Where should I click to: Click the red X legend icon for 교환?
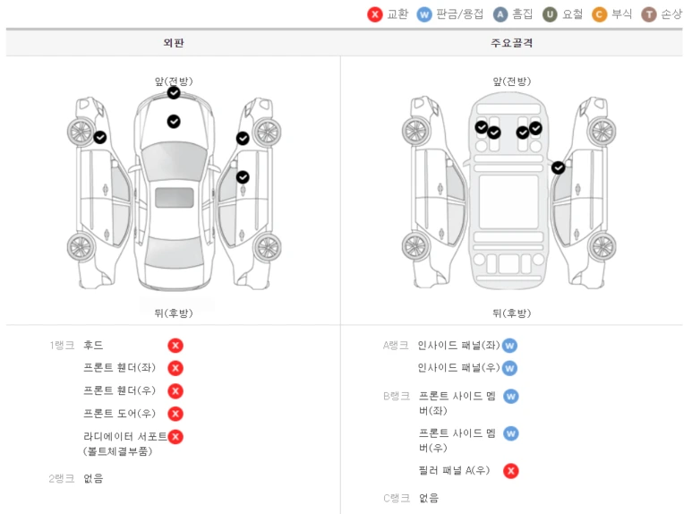tap(375, 14)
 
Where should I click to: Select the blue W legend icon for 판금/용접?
tap(424, 14)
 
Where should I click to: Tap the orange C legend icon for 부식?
tap(600, 14)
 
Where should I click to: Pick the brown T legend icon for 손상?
tap(649, 14)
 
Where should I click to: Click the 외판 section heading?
tap(173, 43)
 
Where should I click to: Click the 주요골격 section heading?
tap(510, 43)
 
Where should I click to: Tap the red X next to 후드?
tap(175, 346)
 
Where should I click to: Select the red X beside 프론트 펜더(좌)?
tap(175, 368)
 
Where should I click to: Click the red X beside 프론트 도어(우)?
tap(175, 414)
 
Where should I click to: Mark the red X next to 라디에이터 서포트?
tap(175, 437)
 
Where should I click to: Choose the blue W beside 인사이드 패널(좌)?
tap(509, 346)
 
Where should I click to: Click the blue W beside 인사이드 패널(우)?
tap(509, 368)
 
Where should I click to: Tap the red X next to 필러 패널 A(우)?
tap(510, 471)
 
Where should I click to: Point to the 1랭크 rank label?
tap(62, 346)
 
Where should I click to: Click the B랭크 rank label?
tap(396, 396)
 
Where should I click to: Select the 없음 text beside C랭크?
tap(429, 498)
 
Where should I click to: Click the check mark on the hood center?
tap(174, 121)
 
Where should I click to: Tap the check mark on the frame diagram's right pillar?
tap(559, 167)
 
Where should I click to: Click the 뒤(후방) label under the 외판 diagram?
tap(173, 313)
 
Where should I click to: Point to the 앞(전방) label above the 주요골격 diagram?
tap(511, 81)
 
